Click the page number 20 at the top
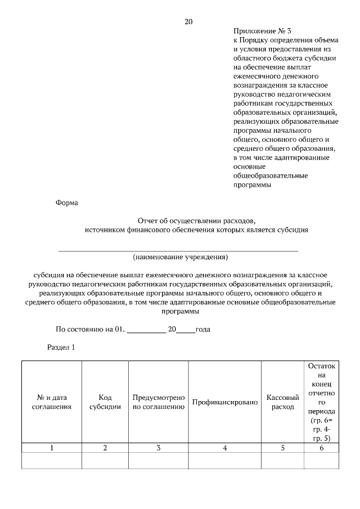(x=188, y=22)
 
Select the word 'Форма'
(x=67, y=202)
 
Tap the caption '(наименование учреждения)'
(x=180, y=257)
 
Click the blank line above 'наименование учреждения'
(x=179, y=250)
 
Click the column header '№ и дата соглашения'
(x=52, y=402)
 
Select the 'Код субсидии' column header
(x=105, y=402)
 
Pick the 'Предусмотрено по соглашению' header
(x=159, y=402)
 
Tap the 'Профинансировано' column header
(x=224, y=402)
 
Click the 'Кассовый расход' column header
(x=282, y=402)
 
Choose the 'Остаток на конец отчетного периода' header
(x=321, y=401)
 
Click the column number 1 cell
(x=52, y=448)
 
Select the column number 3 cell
(x=159, y=448)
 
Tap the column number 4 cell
(x=224, y=448)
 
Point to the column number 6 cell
(x=321, y=448)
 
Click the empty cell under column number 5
(x=282, y=461)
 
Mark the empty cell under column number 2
(x=105, y=461)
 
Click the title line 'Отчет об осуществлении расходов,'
(x=196, y=220)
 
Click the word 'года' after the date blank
(x=202, y=329)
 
